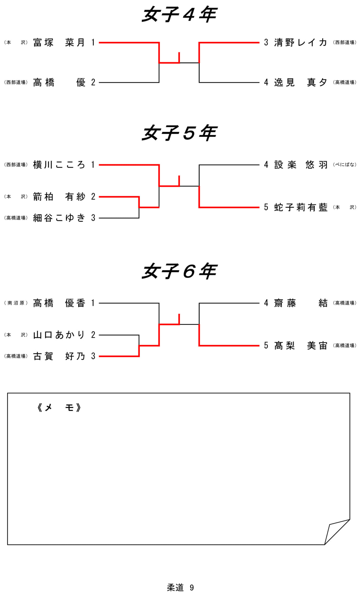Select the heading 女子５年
click(x=179, y=133)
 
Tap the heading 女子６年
click(x=179, y=272)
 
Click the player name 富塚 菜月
click(x=59, y=43)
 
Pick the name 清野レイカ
click(x=300, y=43)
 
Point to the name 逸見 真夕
click(x=300, y=83)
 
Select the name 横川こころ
click(x=59, y=165)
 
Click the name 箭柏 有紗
click(x=59, y=197)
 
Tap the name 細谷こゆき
click(x=59, y=218)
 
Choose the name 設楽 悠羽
click(x=300, y=165)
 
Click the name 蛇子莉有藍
click(x=300, y=207)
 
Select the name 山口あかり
click(x=59, y=335)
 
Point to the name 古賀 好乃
click(x=59, y=356)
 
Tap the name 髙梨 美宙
click(x=300, y=345)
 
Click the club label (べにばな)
click(x=344, y=165)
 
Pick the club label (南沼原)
click(x=16, y=303)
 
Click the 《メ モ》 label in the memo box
click(x=59, y=408)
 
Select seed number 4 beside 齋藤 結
click(x=266, y=303)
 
